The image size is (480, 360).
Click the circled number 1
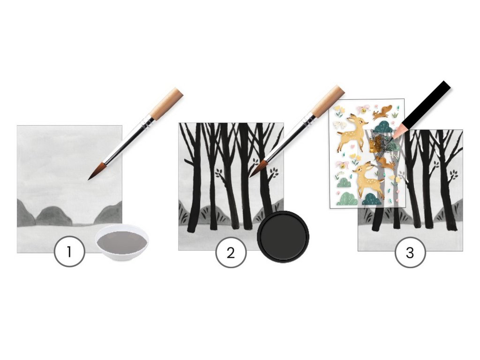click(x=69, y=252)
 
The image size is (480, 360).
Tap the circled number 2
click(x=231, y=253)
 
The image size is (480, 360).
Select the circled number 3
click(x=410, y=253)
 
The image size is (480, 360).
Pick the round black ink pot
click(x=283, y=237)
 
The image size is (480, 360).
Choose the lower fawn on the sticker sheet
click(x=368, y=179)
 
